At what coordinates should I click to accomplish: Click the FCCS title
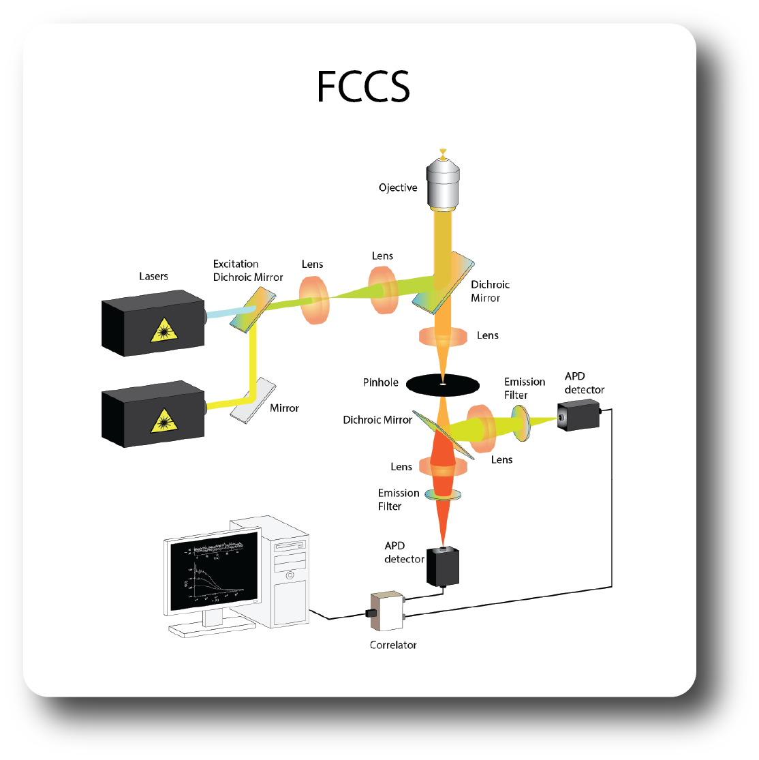(x=363, y=87)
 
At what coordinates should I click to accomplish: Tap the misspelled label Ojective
(x=398, y=187)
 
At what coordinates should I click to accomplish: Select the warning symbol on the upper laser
(x=164, y=331)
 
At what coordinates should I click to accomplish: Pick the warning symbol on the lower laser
(x=164, y=421)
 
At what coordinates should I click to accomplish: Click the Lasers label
(x=153, y=276)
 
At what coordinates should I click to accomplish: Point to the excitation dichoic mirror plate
(x=253, y=309)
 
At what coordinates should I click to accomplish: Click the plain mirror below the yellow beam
(x=253, y=401)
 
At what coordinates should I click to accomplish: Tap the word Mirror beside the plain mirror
(x=284, y=408)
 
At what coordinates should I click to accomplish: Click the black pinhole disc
(x=442, y=385)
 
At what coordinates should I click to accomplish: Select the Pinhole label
(x=380, y=382)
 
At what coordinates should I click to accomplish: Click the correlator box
(x=387, y=611)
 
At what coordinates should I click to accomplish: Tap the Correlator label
(x=393, y=645)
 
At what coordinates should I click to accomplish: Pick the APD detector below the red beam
(x=443, y=566)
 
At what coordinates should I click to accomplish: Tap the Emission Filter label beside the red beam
(x=399, y=500)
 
